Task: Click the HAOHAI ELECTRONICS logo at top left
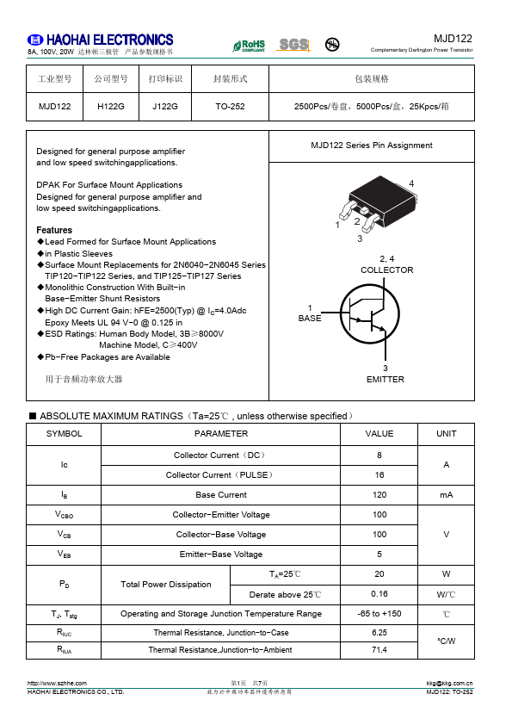[100, 40]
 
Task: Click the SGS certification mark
[293, 44]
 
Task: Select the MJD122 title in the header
[453, 39]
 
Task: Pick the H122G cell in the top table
[111, 107]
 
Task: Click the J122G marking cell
[164, 107]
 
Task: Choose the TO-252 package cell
[230, 107]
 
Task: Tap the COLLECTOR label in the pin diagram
[386, 270]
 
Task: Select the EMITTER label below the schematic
[385, 379]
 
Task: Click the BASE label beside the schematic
[309, 319]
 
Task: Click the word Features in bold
[54, 230]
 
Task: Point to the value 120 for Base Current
[379, 495]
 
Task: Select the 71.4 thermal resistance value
[379, 650]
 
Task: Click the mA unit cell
[446, 495]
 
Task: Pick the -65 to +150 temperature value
[379, 614]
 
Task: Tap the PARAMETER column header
[221, 434]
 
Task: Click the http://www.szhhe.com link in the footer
[58, 683]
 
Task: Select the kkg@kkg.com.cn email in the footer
[449, 683]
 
